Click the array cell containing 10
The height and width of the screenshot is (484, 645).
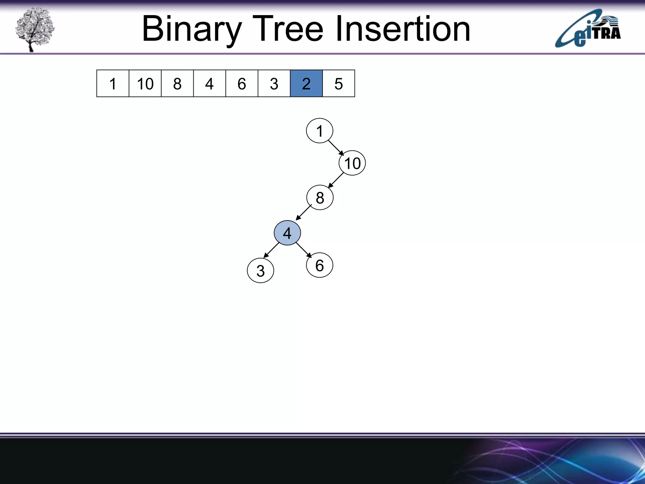145,84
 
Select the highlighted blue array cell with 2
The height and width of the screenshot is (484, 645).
306,84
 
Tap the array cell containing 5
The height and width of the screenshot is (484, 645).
339,84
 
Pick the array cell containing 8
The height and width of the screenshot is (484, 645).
177,84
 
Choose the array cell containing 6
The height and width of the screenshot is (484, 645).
242,84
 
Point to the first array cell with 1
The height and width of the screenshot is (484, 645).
113,84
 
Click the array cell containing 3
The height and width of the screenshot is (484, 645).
274,84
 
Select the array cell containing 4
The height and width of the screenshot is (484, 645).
209,84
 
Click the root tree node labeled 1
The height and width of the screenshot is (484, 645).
319,131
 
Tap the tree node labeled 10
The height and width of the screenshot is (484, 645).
352,163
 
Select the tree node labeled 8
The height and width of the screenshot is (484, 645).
320,198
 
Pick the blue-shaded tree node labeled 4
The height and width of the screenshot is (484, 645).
287,233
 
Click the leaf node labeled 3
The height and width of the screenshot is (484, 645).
260,271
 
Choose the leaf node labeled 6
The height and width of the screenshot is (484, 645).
319,265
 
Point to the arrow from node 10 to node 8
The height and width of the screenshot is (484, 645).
336,181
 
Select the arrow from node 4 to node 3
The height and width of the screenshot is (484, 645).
271,250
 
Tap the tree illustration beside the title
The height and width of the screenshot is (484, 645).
35,29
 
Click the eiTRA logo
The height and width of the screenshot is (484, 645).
588,29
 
